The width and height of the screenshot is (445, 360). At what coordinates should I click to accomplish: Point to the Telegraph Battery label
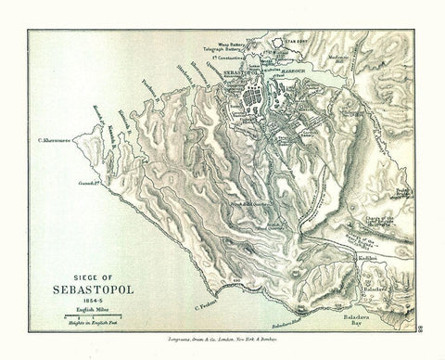tap(222, 52)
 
